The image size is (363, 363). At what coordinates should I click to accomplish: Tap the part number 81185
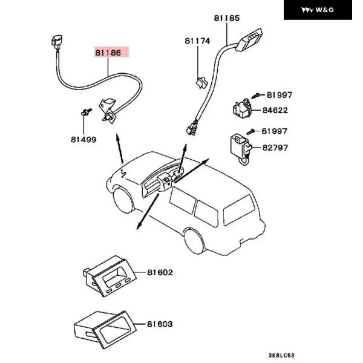[226, 19]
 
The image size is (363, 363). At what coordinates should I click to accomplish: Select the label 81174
[198, 41]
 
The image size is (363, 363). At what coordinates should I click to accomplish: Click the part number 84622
[275, 110]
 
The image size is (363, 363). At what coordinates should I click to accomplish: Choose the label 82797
[275, 147]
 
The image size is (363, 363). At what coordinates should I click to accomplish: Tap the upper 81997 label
[279, 95]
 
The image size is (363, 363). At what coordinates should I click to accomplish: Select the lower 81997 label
[275, 131]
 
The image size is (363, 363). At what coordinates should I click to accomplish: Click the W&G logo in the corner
[318, 10]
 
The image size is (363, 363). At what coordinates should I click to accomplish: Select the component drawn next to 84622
[243, 108]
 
